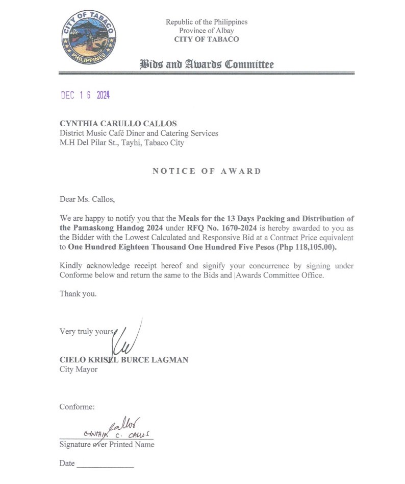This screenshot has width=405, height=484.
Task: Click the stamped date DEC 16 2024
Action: tap(85, 96)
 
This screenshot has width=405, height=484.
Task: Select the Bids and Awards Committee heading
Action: tap(207, 64)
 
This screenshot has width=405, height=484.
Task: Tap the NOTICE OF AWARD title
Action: tap(207, 171)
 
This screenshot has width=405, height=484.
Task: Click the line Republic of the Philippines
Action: tap(207, 22)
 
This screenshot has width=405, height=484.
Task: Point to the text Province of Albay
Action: tap(207, 31)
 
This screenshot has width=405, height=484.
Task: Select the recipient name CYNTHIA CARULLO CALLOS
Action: tap(118, 123)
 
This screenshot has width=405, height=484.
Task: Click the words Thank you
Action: tap(78, 294)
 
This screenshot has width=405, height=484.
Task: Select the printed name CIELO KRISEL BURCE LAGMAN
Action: tap(124, 360)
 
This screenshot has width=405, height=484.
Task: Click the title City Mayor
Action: tap(79, 369)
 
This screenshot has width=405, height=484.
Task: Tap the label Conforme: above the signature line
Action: tap(77, 407)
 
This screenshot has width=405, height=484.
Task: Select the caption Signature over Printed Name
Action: tap(107, 445)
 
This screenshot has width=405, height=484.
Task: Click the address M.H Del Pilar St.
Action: tap(93, 143)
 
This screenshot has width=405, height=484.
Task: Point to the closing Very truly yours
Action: tap(87, 331)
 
